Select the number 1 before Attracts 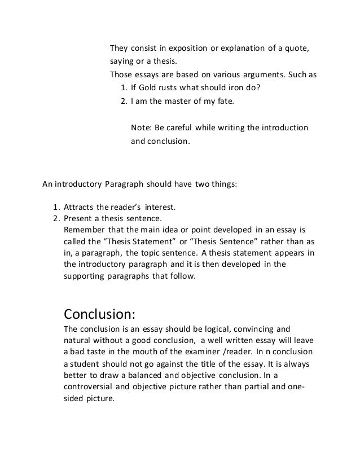pos(55,206)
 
